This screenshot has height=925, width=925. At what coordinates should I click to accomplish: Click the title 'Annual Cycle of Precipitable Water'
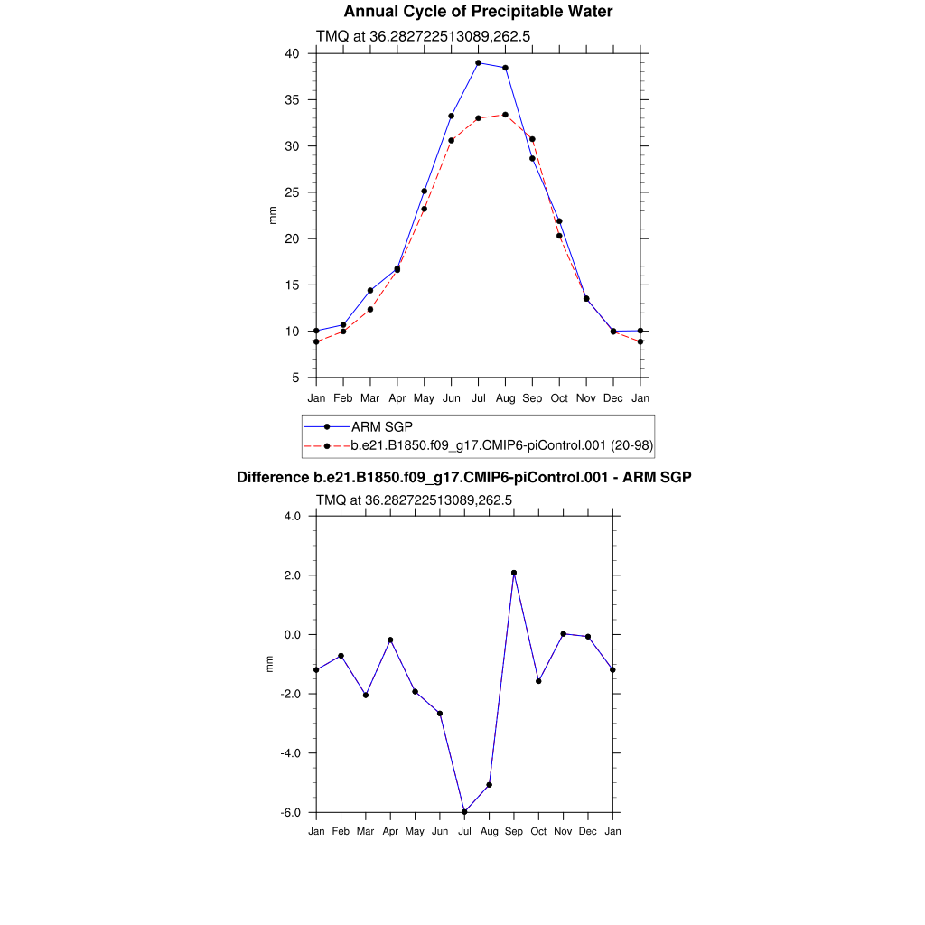click(478, 12)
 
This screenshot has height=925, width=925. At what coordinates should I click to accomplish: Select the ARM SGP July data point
click(478, 63)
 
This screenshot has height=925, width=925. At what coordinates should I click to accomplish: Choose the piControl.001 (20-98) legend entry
click(502, 444)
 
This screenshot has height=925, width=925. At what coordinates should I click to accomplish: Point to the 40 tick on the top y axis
click(292, 53)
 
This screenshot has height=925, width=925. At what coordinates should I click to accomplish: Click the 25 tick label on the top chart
click(292, 192)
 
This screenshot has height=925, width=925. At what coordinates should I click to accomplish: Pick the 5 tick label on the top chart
click(295, 378)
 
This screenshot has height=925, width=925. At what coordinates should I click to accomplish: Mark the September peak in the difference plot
click(514, 573)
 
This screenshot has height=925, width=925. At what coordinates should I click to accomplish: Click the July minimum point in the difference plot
click(464, 811)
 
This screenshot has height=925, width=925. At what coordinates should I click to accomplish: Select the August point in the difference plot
click(489, 784)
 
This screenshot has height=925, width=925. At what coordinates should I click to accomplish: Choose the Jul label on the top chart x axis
click(478, 397)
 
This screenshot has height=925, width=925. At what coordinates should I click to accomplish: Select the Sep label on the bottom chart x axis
click(514, 831)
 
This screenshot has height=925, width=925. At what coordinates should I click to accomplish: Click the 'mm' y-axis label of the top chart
click(273, 215)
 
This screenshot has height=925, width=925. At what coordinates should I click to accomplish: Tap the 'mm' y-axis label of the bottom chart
click(268, 664)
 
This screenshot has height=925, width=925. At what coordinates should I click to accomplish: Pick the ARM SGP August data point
click(505, 68)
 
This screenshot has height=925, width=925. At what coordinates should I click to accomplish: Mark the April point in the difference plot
click(390, 640)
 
